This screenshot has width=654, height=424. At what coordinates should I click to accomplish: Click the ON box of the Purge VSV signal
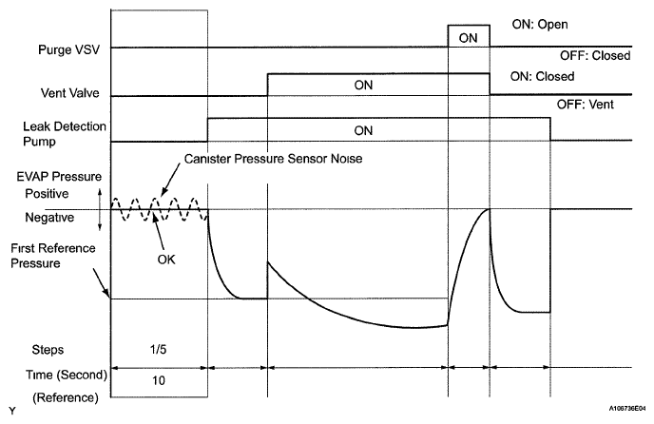pyautogui.click(x=469, y=37)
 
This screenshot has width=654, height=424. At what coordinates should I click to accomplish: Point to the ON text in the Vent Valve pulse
pyautogui.click(x=363, y=85)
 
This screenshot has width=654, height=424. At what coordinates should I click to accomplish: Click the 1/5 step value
pyautogui.click(x=160, y=348)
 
